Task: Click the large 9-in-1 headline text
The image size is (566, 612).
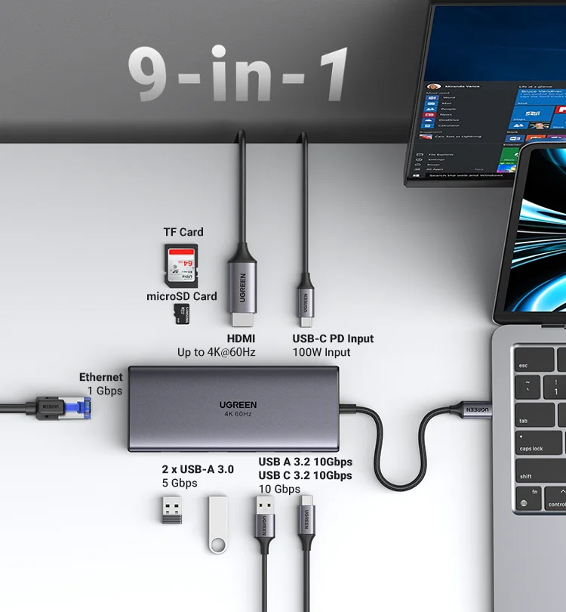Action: click(238, 73)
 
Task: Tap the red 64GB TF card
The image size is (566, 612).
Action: click(181, 264)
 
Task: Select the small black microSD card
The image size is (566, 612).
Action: click(180, 314)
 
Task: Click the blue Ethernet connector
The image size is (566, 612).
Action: click(78, 408)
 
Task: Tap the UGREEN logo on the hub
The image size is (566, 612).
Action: click(238, 404)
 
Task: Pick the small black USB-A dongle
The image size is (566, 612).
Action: click(172, 509)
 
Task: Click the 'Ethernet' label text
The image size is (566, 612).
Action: click(100, 377)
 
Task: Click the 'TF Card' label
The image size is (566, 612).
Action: click(183, 232)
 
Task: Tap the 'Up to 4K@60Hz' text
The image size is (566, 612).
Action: click(217, 352)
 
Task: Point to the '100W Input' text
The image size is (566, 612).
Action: click(321, 352)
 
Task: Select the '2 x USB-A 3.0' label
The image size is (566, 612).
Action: click(198, 469)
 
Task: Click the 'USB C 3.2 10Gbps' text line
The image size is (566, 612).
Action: click(305, 475)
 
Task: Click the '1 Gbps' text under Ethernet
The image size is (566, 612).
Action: click(104, 391)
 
